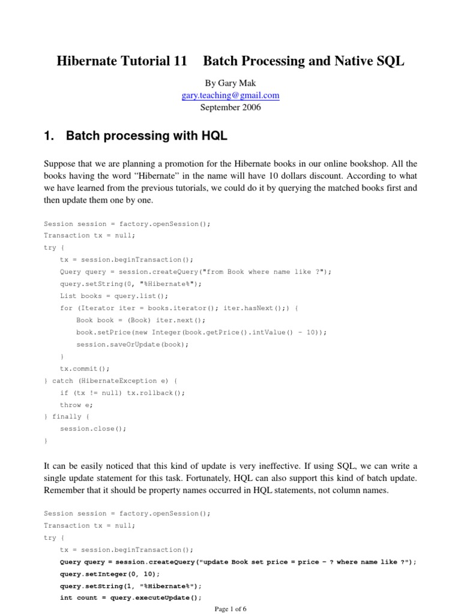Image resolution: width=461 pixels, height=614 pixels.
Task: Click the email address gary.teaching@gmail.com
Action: click(230, 95)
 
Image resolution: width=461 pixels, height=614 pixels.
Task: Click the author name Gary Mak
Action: click(230, 83)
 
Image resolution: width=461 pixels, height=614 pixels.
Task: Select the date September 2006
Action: click(230, 108)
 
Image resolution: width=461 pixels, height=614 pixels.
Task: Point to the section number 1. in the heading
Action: click(50, 136)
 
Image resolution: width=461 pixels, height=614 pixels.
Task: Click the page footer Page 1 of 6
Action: click(230, 609)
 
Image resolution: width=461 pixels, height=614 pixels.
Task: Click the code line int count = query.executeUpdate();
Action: click(130, 598)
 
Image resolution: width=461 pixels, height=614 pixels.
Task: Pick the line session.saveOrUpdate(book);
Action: click(132, 344)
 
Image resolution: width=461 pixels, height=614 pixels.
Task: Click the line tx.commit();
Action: click(85, 368)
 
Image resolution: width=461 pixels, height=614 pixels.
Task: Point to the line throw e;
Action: click(76, 405)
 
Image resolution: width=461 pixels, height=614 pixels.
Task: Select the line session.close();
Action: click(94, 429)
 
